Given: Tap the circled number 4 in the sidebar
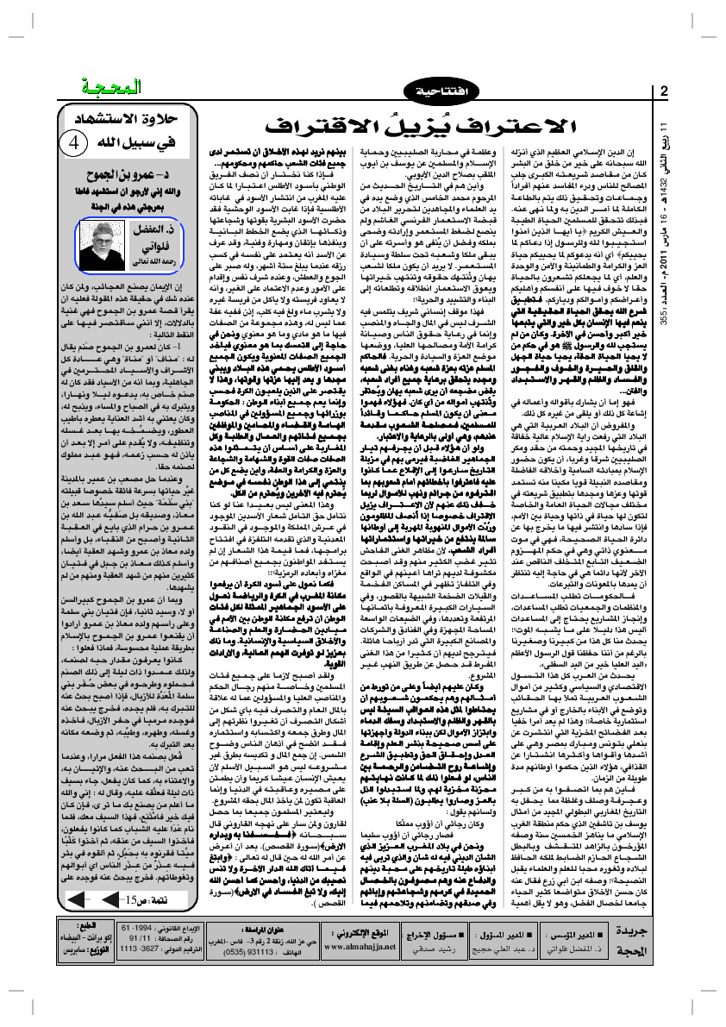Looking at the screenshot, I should [76, 141].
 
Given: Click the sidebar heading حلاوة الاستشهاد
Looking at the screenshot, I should [134, 122].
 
